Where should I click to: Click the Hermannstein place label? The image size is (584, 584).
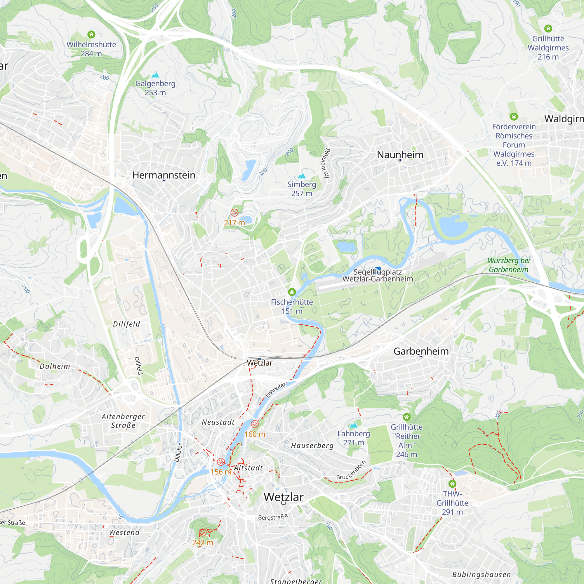click(x=164, y=175)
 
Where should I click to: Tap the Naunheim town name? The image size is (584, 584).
click(x=400, y=155)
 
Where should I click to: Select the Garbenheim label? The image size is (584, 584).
click(x=421, y=351)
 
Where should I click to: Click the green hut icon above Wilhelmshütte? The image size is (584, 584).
click(x=91, y=34)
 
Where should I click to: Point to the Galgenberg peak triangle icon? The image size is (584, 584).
click(x=155, y=75)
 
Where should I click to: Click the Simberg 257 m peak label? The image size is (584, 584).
click(x=301, y=189)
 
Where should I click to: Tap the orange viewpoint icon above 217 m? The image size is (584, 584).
click(x=234, y=213)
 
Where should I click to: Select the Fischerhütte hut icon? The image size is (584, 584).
click(x=292, y=292)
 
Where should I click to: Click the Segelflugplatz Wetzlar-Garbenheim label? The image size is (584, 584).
click(x=378, y=275)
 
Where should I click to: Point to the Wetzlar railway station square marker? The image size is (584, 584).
click(x=259, y=359)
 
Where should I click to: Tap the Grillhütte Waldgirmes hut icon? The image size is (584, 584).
click(x=548, y=29)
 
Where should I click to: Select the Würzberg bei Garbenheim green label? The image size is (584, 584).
click(x=508, y=265)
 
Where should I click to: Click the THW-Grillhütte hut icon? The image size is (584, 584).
click(x=452, y=484)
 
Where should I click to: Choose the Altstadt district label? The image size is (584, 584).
click(x=248, y=468)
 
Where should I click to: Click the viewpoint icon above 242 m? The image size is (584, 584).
click(x=203, y=533)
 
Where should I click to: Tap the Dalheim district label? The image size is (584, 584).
click(x=55, y=366)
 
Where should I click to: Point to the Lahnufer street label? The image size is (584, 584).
click(x=276, y=390)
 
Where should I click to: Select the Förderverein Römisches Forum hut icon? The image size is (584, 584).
click(x=514, y=117)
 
